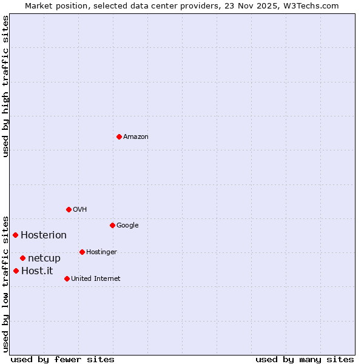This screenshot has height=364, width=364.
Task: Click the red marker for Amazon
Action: (119, 136)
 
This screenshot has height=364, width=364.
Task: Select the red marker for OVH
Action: (69, 209)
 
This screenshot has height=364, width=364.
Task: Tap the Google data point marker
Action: (112, 225)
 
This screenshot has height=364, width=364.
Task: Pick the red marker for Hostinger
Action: (82, 252)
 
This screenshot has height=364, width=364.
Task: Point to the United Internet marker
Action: (67, 278)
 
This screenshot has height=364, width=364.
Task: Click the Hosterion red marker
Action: (15, 235)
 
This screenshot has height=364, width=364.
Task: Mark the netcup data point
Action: (22, 258)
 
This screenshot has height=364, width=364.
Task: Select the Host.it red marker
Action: (16, 271)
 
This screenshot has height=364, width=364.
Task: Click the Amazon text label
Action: (136, 136)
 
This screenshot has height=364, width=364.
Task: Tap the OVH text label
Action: (80, 209)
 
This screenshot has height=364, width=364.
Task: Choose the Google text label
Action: (127, 225)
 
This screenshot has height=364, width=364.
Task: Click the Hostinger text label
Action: (101, 252)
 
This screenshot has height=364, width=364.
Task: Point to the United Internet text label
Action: (96, 278)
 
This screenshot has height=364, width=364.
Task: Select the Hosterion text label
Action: (44, 235)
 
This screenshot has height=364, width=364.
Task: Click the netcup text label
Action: (44, 258)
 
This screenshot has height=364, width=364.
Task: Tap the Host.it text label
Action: (37, 271)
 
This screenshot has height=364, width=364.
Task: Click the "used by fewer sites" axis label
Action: (62, 359)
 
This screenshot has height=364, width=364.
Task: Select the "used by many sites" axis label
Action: (305, 359)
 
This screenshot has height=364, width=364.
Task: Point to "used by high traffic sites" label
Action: (6, 86)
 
